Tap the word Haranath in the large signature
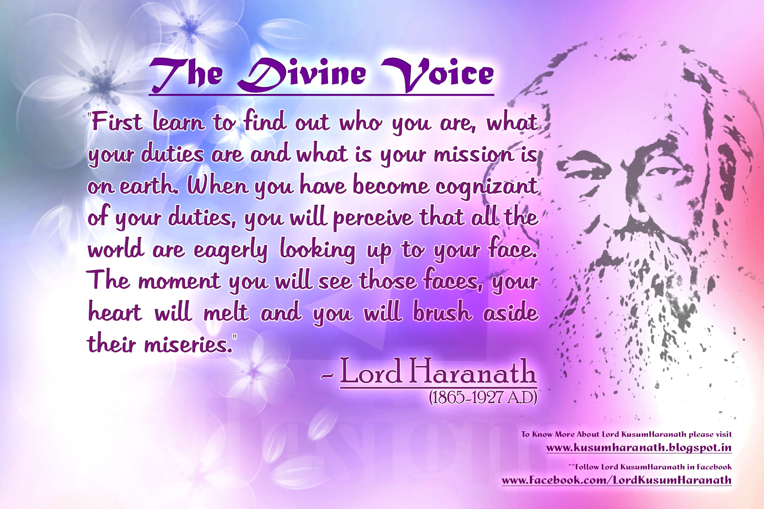(x=472, y=371)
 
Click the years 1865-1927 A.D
(x=483, y=398)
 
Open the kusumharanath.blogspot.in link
(x=639, y=448)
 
